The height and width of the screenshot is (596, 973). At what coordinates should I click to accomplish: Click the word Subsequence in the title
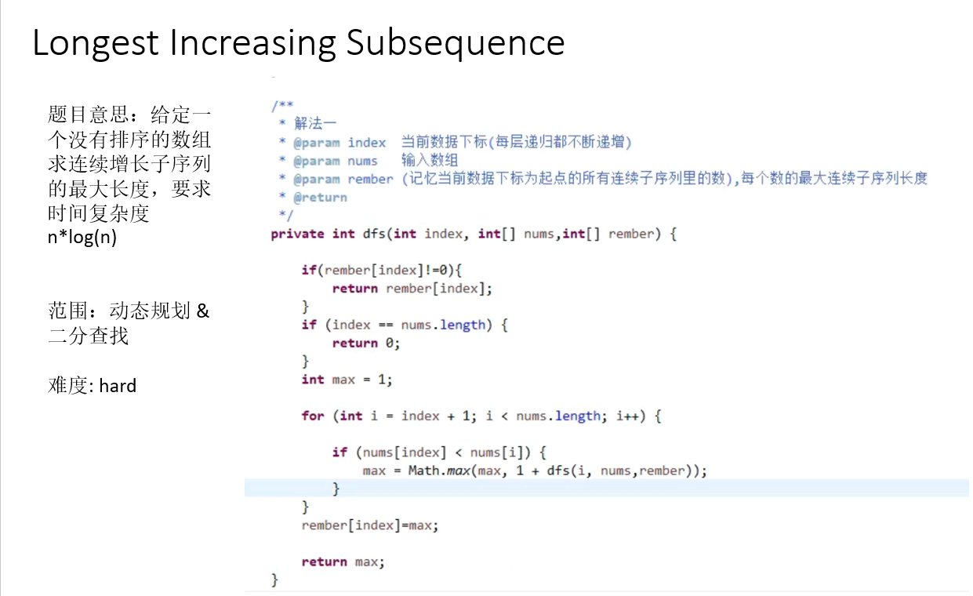456,43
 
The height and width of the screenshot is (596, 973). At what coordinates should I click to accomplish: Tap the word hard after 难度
118,386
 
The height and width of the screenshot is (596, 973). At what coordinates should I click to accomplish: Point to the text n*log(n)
82,238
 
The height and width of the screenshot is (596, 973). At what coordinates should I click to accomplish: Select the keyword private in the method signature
297,234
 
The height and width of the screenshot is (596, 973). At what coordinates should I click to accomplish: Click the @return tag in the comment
320,197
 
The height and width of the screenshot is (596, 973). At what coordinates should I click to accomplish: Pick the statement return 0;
366,343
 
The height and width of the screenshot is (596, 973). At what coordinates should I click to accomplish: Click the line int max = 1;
347,380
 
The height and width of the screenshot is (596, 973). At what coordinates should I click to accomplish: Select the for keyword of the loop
312,416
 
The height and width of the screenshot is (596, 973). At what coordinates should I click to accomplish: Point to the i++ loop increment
629,416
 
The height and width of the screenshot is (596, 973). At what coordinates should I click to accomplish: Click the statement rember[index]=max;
370,525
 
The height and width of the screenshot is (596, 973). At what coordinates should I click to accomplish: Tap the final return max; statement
343,561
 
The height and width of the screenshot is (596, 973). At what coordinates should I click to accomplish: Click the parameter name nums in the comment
363,161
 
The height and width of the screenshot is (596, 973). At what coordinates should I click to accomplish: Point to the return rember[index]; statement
412,289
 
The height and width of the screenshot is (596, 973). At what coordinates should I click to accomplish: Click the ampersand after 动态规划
203,311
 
